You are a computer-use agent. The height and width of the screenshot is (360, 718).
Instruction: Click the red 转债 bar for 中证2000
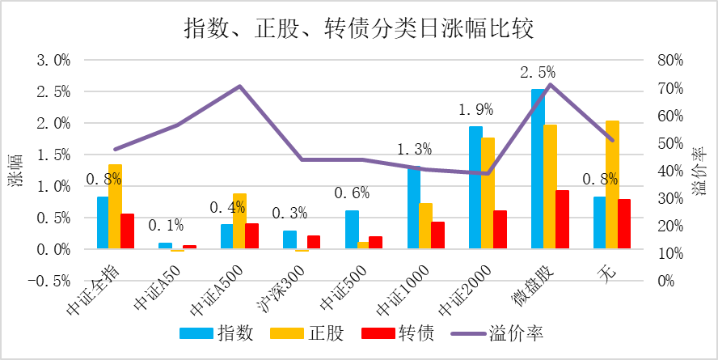pyautogui.click(x=500, y=230)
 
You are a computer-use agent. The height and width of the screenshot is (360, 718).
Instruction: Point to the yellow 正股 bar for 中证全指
pyautogui.click(x=115, y=206)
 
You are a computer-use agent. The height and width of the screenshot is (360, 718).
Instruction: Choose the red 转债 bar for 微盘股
pyautogui.click(x=562, y=219)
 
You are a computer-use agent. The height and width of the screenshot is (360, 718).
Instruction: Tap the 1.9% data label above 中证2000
pyautogui.click(x=475, y=109)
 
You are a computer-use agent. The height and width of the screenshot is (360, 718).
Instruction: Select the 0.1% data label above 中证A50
pyautogui.click(x=166, y=225)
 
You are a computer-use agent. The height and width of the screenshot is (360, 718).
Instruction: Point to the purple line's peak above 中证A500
pyautogui.click(x=240, y=86)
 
